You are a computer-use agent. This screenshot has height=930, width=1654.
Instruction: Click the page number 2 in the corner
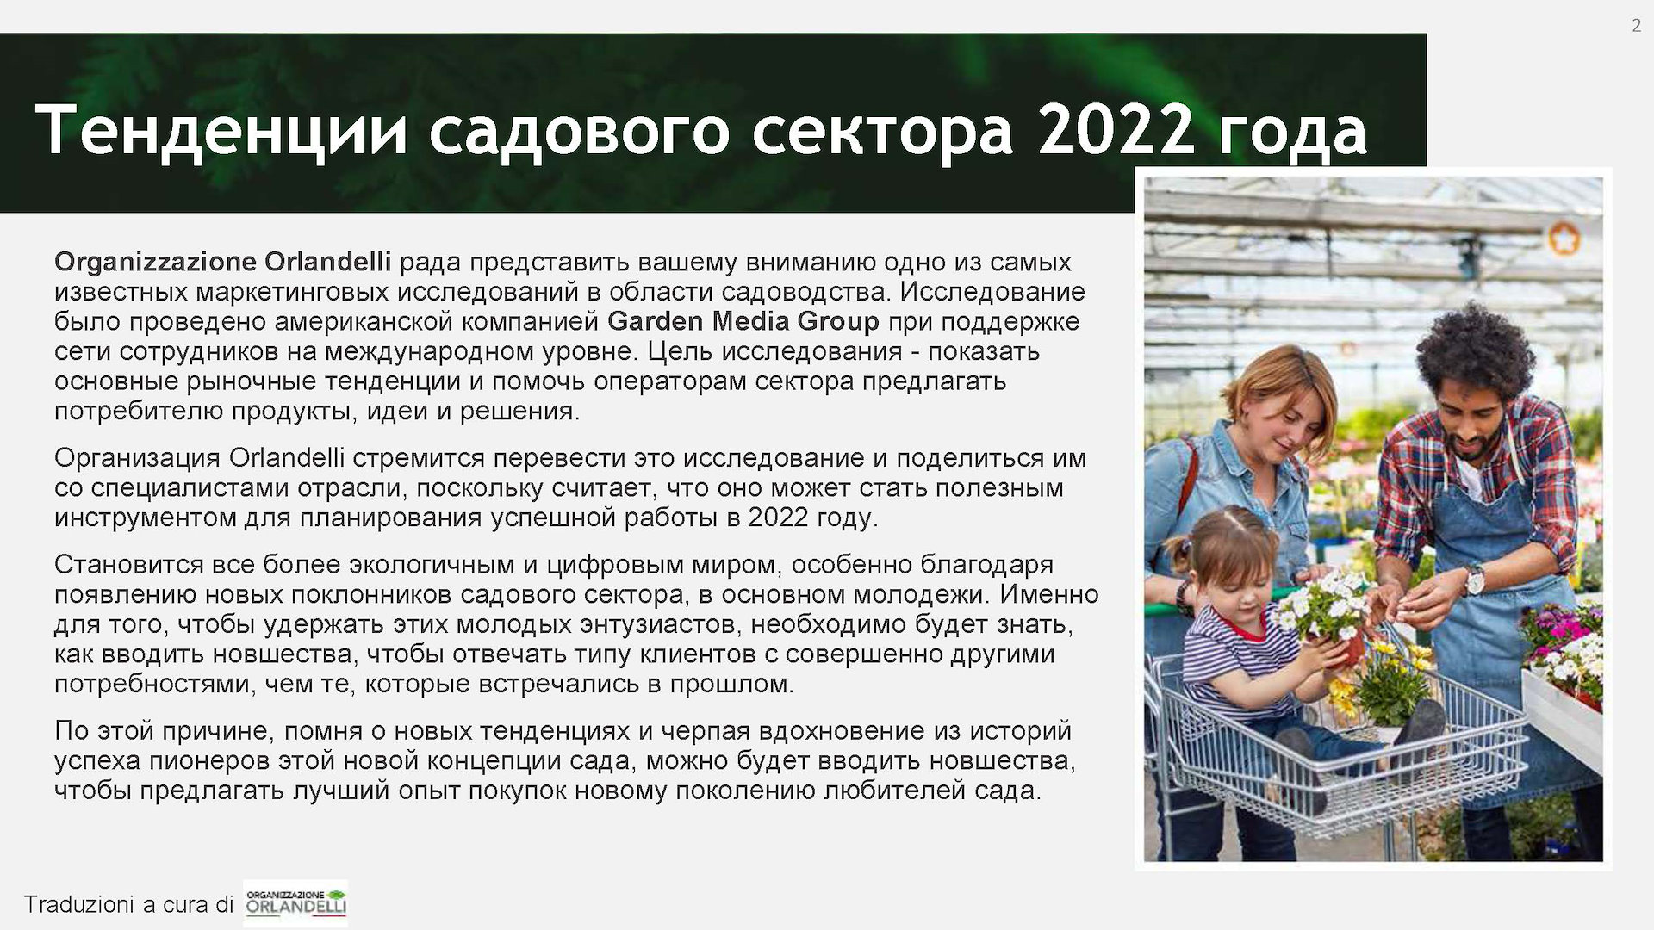pos(1636,26)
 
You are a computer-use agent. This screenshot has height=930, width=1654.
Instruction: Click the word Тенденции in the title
pos(221,130)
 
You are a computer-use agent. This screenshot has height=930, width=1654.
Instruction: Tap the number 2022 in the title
pos(1115,129)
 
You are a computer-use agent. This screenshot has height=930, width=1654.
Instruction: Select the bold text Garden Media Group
pos(743,321)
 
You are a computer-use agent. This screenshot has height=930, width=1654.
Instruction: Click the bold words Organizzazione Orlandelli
pos(223,261)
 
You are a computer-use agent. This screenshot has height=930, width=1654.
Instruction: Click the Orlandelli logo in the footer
pos(295,902)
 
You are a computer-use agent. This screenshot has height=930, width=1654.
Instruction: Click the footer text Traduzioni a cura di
pos(128,904)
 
